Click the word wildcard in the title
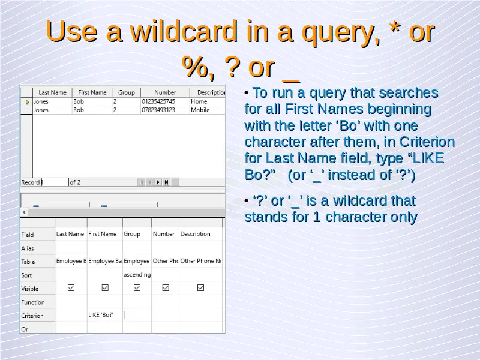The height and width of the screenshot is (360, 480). tap(184, 32)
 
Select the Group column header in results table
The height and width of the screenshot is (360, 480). tap(127, 92)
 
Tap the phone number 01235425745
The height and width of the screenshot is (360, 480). tap(158, 101)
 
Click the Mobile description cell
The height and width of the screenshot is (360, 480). tap(200, 110)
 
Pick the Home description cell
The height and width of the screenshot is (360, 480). tap(199, 101)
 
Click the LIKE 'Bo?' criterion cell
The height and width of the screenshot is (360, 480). tap(101, 314)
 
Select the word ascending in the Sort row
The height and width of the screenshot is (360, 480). tap(137, 275)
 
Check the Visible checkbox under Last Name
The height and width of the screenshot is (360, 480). tap(71, 288)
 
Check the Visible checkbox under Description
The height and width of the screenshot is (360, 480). tap(200, 288)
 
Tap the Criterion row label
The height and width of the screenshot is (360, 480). tap(32, 316)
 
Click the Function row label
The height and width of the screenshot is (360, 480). tap(33, 302)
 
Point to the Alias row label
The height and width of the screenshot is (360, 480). tap(27, 248)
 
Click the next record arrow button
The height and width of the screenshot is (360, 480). tap(158, 182)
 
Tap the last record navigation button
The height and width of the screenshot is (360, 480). tap(167, 182)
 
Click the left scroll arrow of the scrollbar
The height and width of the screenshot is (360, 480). tap(25, 212)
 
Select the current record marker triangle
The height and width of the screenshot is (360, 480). tap(27, 102)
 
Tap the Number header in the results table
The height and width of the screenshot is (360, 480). tap(165, 92)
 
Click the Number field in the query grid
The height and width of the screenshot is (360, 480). tap(163, 234)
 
